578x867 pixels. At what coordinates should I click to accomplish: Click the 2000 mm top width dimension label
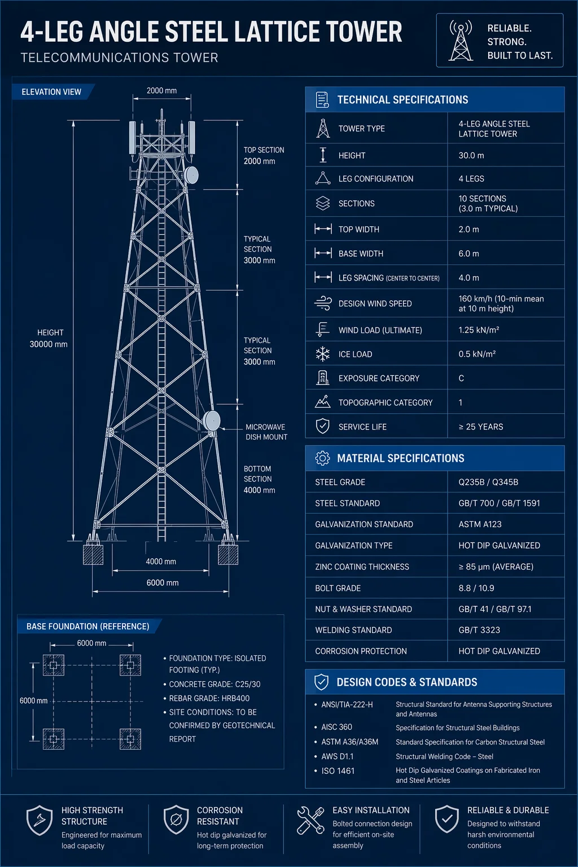pos(161,90)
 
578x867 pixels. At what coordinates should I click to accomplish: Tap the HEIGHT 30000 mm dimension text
pos(49,338)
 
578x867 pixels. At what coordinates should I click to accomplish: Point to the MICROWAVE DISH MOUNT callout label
pos(266,432)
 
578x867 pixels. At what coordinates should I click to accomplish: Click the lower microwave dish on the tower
pos(212,421)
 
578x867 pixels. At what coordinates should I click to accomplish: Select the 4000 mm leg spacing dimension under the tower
pos(161,561)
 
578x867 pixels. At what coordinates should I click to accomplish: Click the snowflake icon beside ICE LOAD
pos(322,354)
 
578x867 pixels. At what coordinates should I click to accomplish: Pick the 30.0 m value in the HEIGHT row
pos(471,155)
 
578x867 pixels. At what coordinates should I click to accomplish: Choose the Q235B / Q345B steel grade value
pos(488,482)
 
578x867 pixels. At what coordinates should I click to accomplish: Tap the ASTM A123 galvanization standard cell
pos(480,524)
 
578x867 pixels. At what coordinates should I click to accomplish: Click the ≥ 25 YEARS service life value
pos(480,427)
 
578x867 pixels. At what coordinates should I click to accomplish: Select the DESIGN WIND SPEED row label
pos(375,304)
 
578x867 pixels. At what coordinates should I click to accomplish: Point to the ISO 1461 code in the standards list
pos(338,770)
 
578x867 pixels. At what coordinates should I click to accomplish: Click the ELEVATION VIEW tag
pos(51,92)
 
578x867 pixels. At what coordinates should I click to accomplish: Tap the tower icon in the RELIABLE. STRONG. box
pos(461,41)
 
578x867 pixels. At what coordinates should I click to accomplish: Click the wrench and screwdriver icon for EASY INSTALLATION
pos(310,820)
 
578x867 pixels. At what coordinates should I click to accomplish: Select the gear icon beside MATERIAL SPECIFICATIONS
pos(322,458)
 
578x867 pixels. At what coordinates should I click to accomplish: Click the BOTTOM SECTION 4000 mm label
pos(259,479)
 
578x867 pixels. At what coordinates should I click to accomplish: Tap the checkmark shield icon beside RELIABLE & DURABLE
pos(446,819)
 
